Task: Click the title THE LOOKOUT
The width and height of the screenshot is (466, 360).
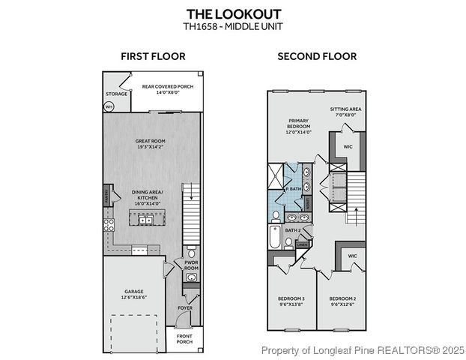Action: (232, 13)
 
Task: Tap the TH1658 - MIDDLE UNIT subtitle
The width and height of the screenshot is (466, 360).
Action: (232, 26)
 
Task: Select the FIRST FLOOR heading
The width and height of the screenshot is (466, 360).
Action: (153, 56)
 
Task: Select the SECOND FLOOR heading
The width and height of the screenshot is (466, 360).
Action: (317, 56)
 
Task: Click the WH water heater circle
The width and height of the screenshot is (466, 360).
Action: (109, 106)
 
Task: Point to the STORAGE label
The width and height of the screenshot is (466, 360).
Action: (116, 94)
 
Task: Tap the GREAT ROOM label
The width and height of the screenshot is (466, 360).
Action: (151, 140)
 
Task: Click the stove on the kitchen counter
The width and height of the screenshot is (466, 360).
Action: (109, 223)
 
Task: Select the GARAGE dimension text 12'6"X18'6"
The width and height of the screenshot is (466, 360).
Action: (134, 298)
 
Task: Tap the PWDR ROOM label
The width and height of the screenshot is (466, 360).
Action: (190, 265)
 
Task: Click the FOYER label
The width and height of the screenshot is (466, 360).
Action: (184, 307)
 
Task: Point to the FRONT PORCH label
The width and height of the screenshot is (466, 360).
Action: (184, 339)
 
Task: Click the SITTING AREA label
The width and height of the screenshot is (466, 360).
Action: (346, 109)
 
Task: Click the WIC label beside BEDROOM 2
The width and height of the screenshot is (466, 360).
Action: (351, 256)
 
